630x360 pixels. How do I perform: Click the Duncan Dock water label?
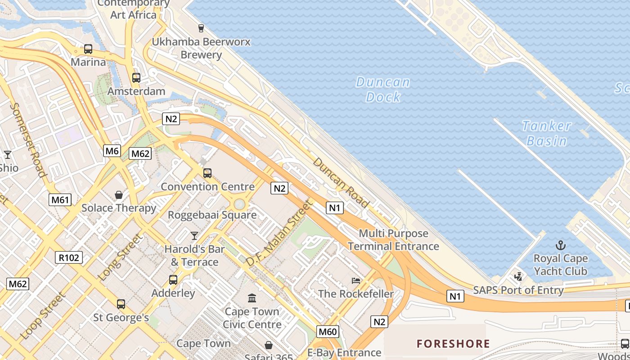click(x=383, y=90)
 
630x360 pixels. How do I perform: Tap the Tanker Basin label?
click(x=547, y=133)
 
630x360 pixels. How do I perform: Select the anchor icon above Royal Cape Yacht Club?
click(x=560, y=245)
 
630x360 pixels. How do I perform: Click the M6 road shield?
click(x=112, y=151)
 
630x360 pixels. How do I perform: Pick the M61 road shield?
click(x=60, y=199)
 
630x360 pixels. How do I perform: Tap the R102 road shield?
click(x=69, y=257)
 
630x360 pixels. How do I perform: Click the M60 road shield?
click(x=327, y=332)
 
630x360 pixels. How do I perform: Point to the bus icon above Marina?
click(x=88, y=49)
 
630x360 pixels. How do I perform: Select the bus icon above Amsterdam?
click(x=136, y=78)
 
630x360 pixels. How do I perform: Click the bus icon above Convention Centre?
click(x=207, y=173)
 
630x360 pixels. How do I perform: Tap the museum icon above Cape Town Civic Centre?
click(x=252, y=298)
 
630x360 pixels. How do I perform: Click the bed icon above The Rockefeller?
click(x=356, y=280)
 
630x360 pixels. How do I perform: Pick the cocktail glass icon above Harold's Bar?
click(x=194, y=235)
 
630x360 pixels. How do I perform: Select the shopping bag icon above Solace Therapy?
click(x=119, y=195)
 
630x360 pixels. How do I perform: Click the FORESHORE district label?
click(x=453, y=344)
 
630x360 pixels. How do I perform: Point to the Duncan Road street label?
click(x=341, y=182)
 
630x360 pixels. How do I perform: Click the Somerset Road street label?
click(x=28, y=139)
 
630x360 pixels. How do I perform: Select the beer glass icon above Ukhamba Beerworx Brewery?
click(x=201, y=28)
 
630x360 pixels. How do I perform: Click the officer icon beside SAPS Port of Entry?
click(x=518, y=276)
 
